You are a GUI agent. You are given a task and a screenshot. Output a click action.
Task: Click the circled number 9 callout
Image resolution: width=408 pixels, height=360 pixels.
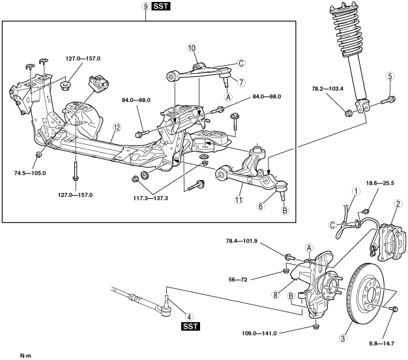(146, 7)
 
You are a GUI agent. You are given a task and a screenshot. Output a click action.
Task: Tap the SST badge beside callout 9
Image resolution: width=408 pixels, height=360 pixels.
(162, 7)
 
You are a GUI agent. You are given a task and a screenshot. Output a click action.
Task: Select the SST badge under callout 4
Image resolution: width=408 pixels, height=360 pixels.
(191, 326)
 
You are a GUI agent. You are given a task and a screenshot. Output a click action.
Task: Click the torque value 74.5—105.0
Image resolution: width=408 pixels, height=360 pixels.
(30, 173)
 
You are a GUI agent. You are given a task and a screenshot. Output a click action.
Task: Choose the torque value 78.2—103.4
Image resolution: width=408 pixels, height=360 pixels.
(328, 89)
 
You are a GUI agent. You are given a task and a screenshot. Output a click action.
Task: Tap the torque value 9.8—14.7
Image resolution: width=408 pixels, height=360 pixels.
(382, 344)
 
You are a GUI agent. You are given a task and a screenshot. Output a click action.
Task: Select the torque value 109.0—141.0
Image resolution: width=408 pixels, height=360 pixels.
(259, 333)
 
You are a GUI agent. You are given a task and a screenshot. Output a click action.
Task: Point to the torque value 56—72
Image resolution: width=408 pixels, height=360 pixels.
(238, 280)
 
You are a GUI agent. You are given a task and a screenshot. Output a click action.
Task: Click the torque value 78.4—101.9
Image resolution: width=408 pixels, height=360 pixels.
(241, 241)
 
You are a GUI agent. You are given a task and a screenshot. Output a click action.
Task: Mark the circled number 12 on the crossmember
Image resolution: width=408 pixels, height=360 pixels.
(117, 127)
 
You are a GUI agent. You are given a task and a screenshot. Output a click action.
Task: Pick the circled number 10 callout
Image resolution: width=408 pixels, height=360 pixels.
(192, 48)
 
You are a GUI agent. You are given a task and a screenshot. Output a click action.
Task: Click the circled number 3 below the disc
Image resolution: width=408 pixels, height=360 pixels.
(343, 338)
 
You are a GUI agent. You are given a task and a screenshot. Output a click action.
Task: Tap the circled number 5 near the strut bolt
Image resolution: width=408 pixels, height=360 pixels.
(390, 76)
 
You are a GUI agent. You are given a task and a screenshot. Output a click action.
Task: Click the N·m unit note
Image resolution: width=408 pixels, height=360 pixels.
(25, 355)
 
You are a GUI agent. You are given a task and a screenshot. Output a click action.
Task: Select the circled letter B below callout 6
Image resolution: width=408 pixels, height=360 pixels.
(285, 210)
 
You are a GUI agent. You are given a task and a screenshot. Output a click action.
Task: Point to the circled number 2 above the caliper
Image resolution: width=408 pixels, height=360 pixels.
(398, 203)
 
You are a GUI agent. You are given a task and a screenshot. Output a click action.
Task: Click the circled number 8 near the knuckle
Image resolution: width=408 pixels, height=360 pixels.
(275, 295)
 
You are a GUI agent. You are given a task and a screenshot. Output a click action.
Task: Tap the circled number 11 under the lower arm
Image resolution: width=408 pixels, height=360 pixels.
(239, 200)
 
